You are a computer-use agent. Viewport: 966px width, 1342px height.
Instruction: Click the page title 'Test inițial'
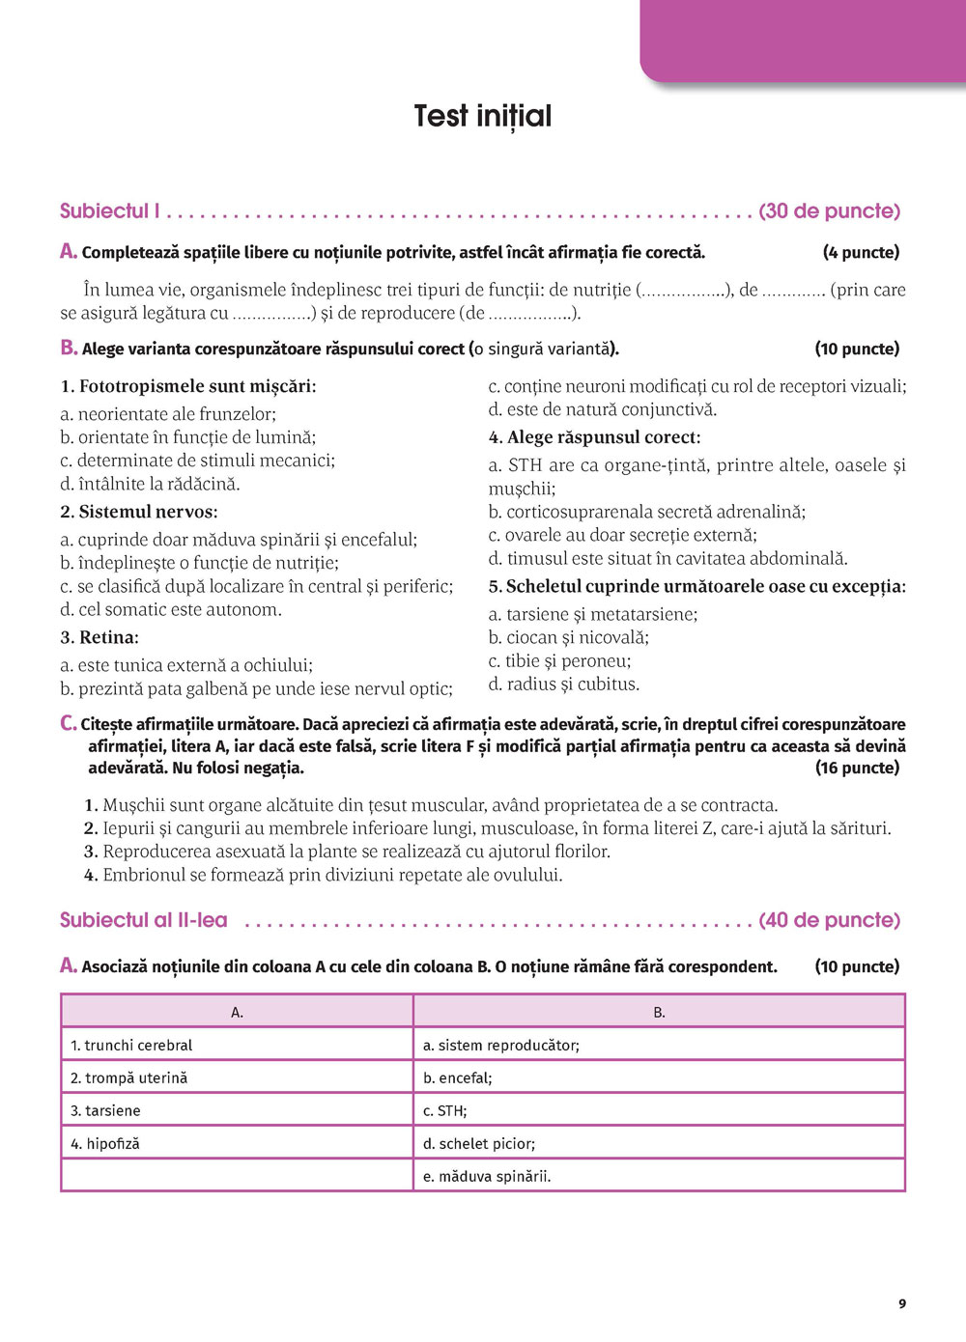pos(482,117)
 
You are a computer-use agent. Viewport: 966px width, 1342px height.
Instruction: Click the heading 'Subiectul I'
pos(110,211)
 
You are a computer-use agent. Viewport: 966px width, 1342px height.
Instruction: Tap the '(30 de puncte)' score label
pos(829,211)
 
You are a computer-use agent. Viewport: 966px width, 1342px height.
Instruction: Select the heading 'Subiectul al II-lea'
pos(144,920)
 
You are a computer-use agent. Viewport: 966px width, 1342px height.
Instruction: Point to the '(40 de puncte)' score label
pos(829,920)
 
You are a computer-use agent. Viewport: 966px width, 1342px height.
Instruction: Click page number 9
pos(902,1303)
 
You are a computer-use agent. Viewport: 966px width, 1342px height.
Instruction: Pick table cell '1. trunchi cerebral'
pos(131,1045)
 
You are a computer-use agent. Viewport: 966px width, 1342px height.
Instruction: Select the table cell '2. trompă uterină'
pos(129,1077)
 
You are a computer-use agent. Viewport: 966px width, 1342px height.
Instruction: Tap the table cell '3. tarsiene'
pos(105,1110)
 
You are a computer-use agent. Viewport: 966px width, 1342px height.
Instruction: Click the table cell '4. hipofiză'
pos(105,1143)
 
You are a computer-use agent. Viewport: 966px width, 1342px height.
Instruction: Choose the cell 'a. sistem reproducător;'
pos(501,1045)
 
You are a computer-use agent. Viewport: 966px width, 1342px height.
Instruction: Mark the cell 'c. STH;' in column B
pos(445,1110)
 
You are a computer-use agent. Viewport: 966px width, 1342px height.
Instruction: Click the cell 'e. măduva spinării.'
pos(488,1176)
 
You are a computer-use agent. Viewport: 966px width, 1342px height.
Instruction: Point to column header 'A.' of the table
pos(237,1012)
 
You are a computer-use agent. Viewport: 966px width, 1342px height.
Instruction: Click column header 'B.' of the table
pos(659,1012)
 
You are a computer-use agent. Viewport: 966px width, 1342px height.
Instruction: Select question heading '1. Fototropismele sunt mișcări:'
pos(188,386)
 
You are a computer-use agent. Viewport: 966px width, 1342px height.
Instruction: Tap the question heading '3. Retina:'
pos(99,637)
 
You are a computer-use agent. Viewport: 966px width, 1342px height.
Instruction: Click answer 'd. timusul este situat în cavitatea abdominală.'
pos(668,558)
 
